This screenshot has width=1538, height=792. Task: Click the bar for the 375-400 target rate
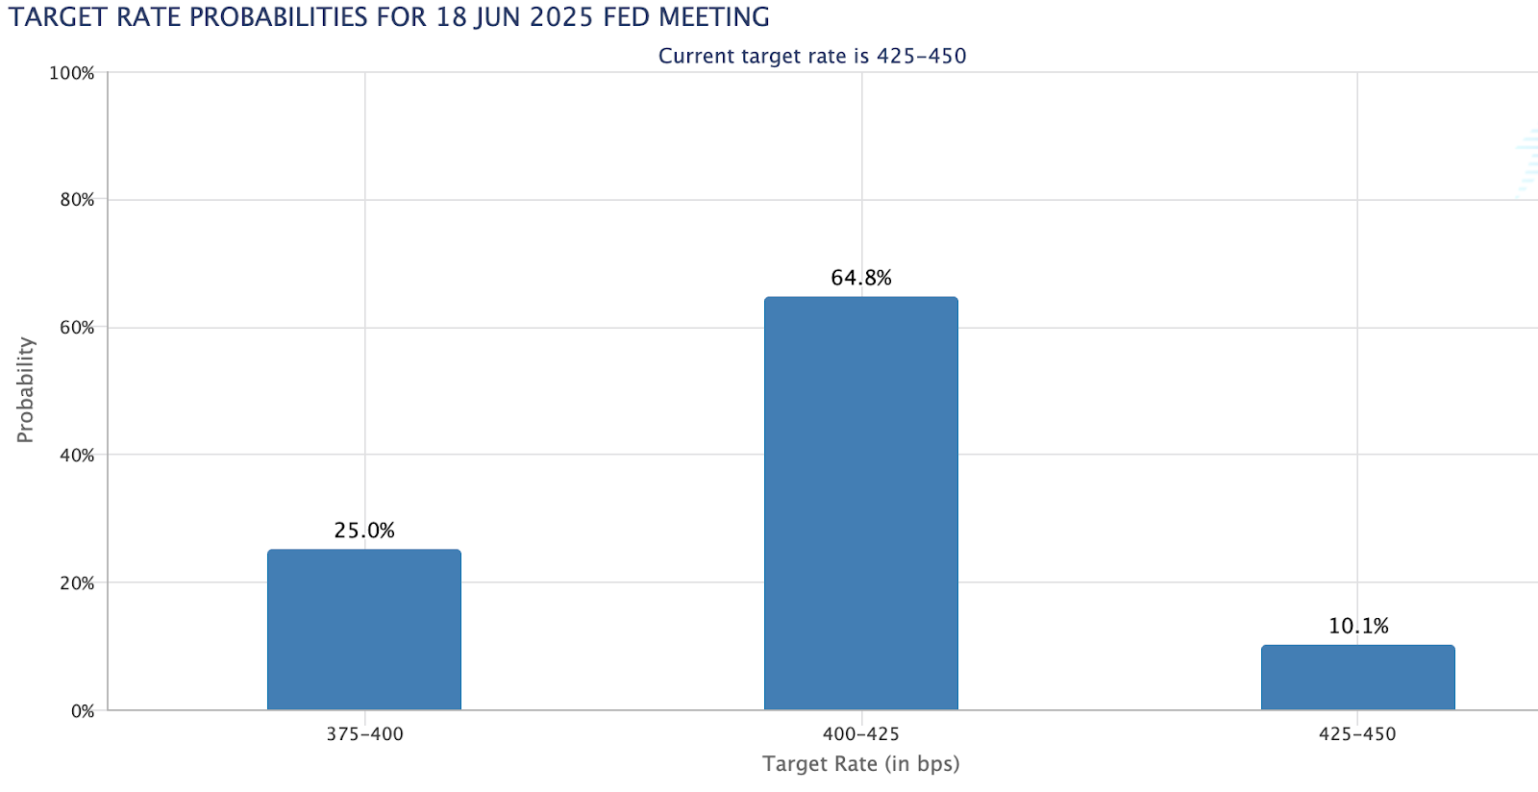[x=364, y=630]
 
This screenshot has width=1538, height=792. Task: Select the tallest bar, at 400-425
[x=861, y=504]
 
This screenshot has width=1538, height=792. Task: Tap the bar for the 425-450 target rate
[x=1357, y=678]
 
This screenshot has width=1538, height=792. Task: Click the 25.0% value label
[x=364, y=531]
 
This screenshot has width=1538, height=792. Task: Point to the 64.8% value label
[x=861, y=278]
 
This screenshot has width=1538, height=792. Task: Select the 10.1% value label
[x=1358, y=627]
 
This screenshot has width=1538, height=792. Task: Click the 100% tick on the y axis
[x=72, y=73]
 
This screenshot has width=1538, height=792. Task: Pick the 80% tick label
[x=77, y=200]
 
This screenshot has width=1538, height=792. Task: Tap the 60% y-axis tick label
[x=77, y=328]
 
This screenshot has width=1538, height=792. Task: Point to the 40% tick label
[x=77, y=456]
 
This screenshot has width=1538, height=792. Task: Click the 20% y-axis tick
[x=77, y=583]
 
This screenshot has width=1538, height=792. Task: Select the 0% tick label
[x=83, y=711]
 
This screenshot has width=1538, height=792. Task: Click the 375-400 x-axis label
[x=364, y=734]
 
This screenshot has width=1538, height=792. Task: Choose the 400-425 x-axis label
[x=861, y=734]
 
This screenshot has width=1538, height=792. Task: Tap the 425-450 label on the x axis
[x=1357, y=734]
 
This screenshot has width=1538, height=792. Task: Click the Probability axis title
[x=25, y=390]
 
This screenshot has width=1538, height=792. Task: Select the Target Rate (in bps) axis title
[x=861, y=764]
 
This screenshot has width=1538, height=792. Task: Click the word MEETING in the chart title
[x=714, y=17]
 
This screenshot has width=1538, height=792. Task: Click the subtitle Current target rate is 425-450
[x=812, y=56]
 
